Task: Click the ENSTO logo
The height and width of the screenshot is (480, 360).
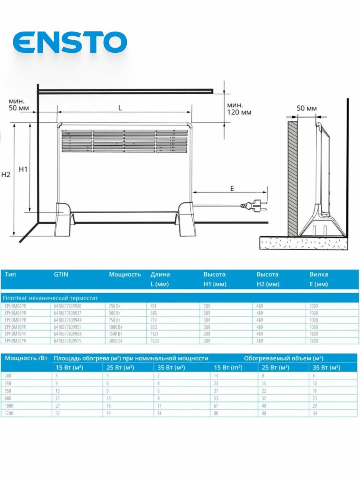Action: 70,42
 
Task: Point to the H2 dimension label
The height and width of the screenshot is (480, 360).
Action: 6,174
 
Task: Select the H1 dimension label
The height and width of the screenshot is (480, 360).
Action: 23,169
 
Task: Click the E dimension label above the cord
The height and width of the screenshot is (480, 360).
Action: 232,189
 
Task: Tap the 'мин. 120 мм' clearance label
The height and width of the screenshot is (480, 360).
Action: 239,108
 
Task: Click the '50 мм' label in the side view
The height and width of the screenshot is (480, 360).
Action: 307,108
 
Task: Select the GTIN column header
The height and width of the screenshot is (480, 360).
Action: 61,274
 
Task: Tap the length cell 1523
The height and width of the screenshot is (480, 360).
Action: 155,340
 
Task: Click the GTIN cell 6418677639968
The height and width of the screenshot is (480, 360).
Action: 67,334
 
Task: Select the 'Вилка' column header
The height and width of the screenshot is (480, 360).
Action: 319,274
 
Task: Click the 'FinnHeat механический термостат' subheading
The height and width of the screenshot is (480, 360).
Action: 50,298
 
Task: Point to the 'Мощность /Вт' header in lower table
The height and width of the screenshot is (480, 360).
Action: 26,358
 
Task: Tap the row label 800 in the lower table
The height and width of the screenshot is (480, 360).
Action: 8,398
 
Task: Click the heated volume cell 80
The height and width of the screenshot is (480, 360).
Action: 217,413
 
